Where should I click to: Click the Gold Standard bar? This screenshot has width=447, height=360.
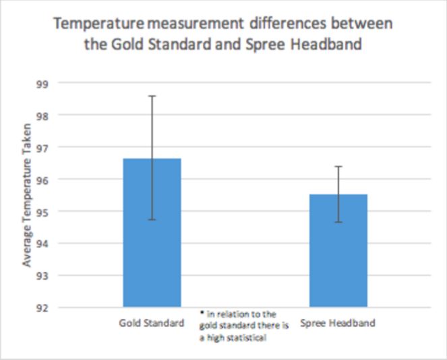[x=152, y=233]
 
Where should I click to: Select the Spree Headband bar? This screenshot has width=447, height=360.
[x=338, y=251]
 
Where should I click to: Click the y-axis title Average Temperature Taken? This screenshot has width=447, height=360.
[x=28, y=195]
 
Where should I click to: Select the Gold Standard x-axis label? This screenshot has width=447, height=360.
[x=152, y=323]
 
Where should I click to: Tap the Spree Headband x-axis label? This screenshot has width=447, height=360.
[x=338, y=323]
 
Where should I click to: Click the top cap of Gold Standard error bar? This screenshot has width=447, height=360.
[x=152, y=96]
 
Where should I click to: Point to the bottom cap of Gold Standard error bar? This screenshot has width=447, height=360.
[x=152, y=220]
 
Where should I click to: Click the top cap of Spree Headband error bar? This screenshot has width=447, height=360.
[x=338, y=166]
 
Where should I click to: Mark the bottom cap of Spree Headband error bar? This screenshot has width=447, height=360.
[x=338, y=222]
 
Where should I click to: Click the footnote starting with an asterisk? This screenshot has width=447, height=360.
[x=244, y=326]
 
